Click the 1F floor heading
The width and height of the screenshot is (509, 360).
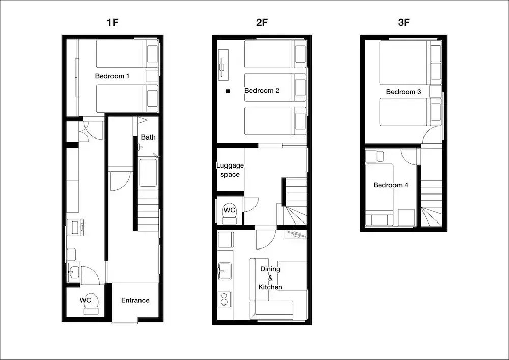click(x=112, y=22)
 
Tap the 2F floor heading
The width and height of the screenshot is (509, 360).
click(x=262, y=22)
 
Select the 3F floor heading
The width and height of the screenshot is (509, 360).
click(x=404, y=22)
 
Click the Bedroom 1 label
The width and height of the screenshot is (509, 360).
click(x=112, y=76)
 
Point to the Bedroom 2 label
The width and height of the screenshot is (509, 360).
click(x=262, y=90)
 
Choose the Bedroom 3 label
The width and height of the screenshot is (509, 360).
click(x=404, y=92)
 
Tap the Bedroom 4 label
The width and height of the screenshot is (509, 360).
click(x=390, y=185)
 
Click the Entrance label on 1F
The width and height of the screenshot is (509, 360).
click(x=135, y=300)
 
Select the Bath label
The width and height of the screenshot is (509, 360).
click(x=148, y=137)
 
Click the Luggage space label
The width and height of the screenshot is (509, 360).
click(x=230, y=170)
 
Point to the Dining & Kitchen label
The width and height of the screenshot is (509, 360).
click(x=270, y=278)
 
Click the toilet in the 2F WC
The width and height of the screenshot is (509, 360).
click(x=230, y=213)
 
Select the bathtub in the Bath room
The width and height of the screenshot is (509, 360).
click(x=148, y=173)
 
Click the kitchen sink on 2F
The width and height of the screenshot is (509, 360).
click(x=224, y=271)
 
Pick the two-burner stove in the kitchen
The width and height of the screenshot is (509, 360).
click(x=224, y=299)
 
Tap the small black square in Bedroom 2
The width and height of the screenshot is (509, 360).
click(x=228, y=91)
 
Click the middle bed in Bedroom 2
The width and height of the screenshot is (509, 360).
click(x=275, y=88)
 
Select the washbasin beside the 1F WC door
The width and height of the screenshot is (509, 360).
click(x=74, y=272)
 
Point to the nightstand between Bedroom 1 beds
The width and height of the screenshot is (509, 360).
click(x=152, y=76)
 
